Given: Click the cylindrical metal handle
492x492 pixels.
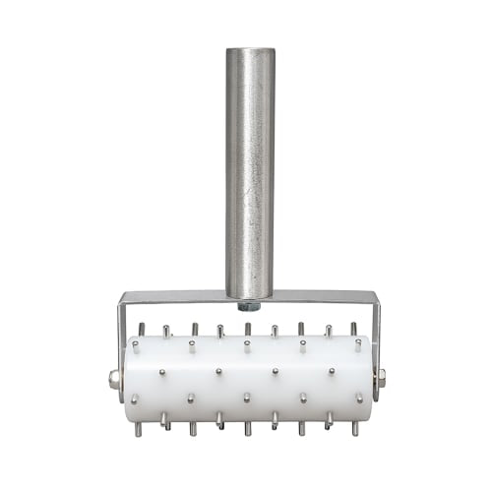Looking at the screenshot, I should pyautogui.click(x=249, y=167).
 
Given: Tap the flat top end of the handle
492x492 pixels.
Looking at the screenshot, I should pyautogui.click(x=249, y=51).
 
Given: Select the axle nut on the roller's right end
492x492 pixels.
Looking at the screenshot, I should pyautogui.click(x=383, y=377).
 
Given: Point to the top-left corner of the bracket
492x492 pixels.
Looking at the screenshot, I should pyautogui.click(x=120, y=296).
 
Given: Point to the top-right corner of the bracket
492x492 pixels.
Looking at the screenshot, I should pyautogui.click(x=375, y=296).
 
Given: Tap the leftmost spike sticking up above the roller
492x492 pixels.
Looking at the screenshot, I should pyautogui.click(x=142, y=329).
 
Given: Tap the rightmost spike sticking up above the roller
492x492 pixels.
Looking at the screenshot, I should pyautogui.click(x=353, y=329).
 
